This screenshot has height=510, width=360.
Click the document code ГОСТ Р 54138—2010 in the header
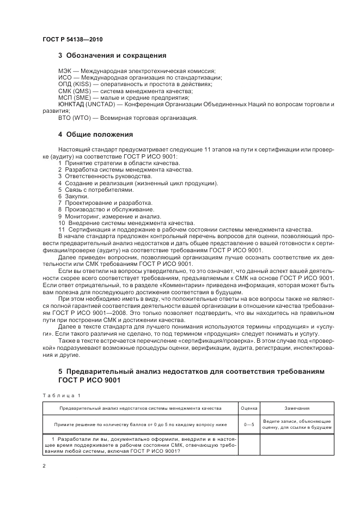(x=72, y=39)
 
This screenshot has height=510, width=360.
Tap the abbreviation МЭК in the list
(x=64, y=71)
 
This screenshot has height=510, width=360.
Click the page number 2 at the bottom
(x=44, y=466)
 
